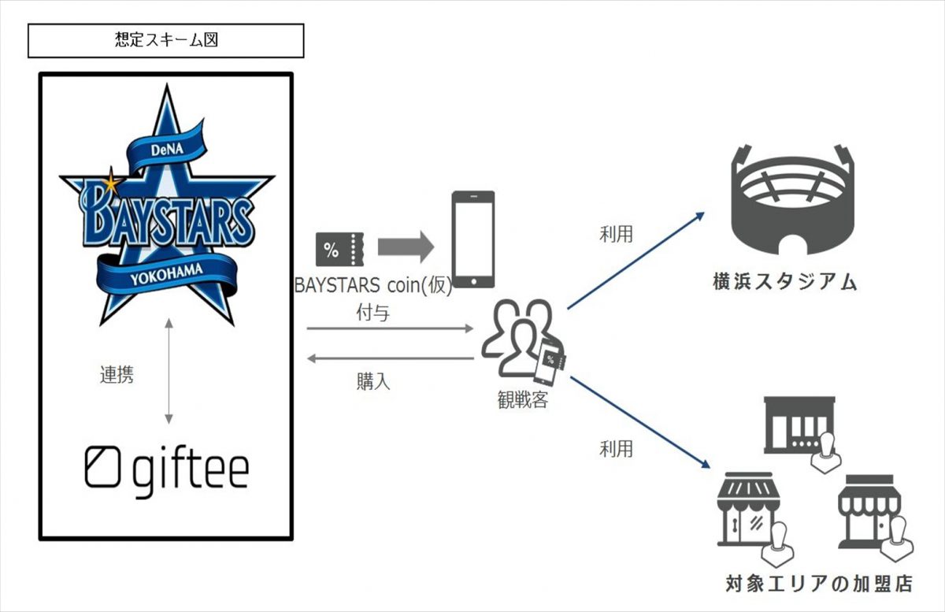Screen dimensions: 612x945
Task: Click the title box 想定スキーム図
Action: (x=165, y=40)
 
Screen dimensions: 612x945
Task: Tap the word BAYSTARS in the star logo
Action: (x=168, y=213)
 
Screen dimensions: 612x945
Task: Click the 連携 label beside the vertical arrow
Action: (x=117, y=376)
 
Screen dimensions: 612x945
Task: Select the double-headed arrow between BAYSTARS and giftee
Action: (x=168, y=369)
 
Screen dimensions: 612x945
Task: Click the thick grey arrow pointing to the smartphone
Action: (x=405, y=247)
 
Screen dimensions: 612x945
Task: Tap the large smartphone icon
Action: (x=472, y=240)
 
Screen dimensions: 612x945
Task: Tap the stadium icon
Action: (x=792, y=196)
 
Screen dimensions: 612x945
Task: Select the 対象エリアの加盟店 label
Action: (x=818, y=584)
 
